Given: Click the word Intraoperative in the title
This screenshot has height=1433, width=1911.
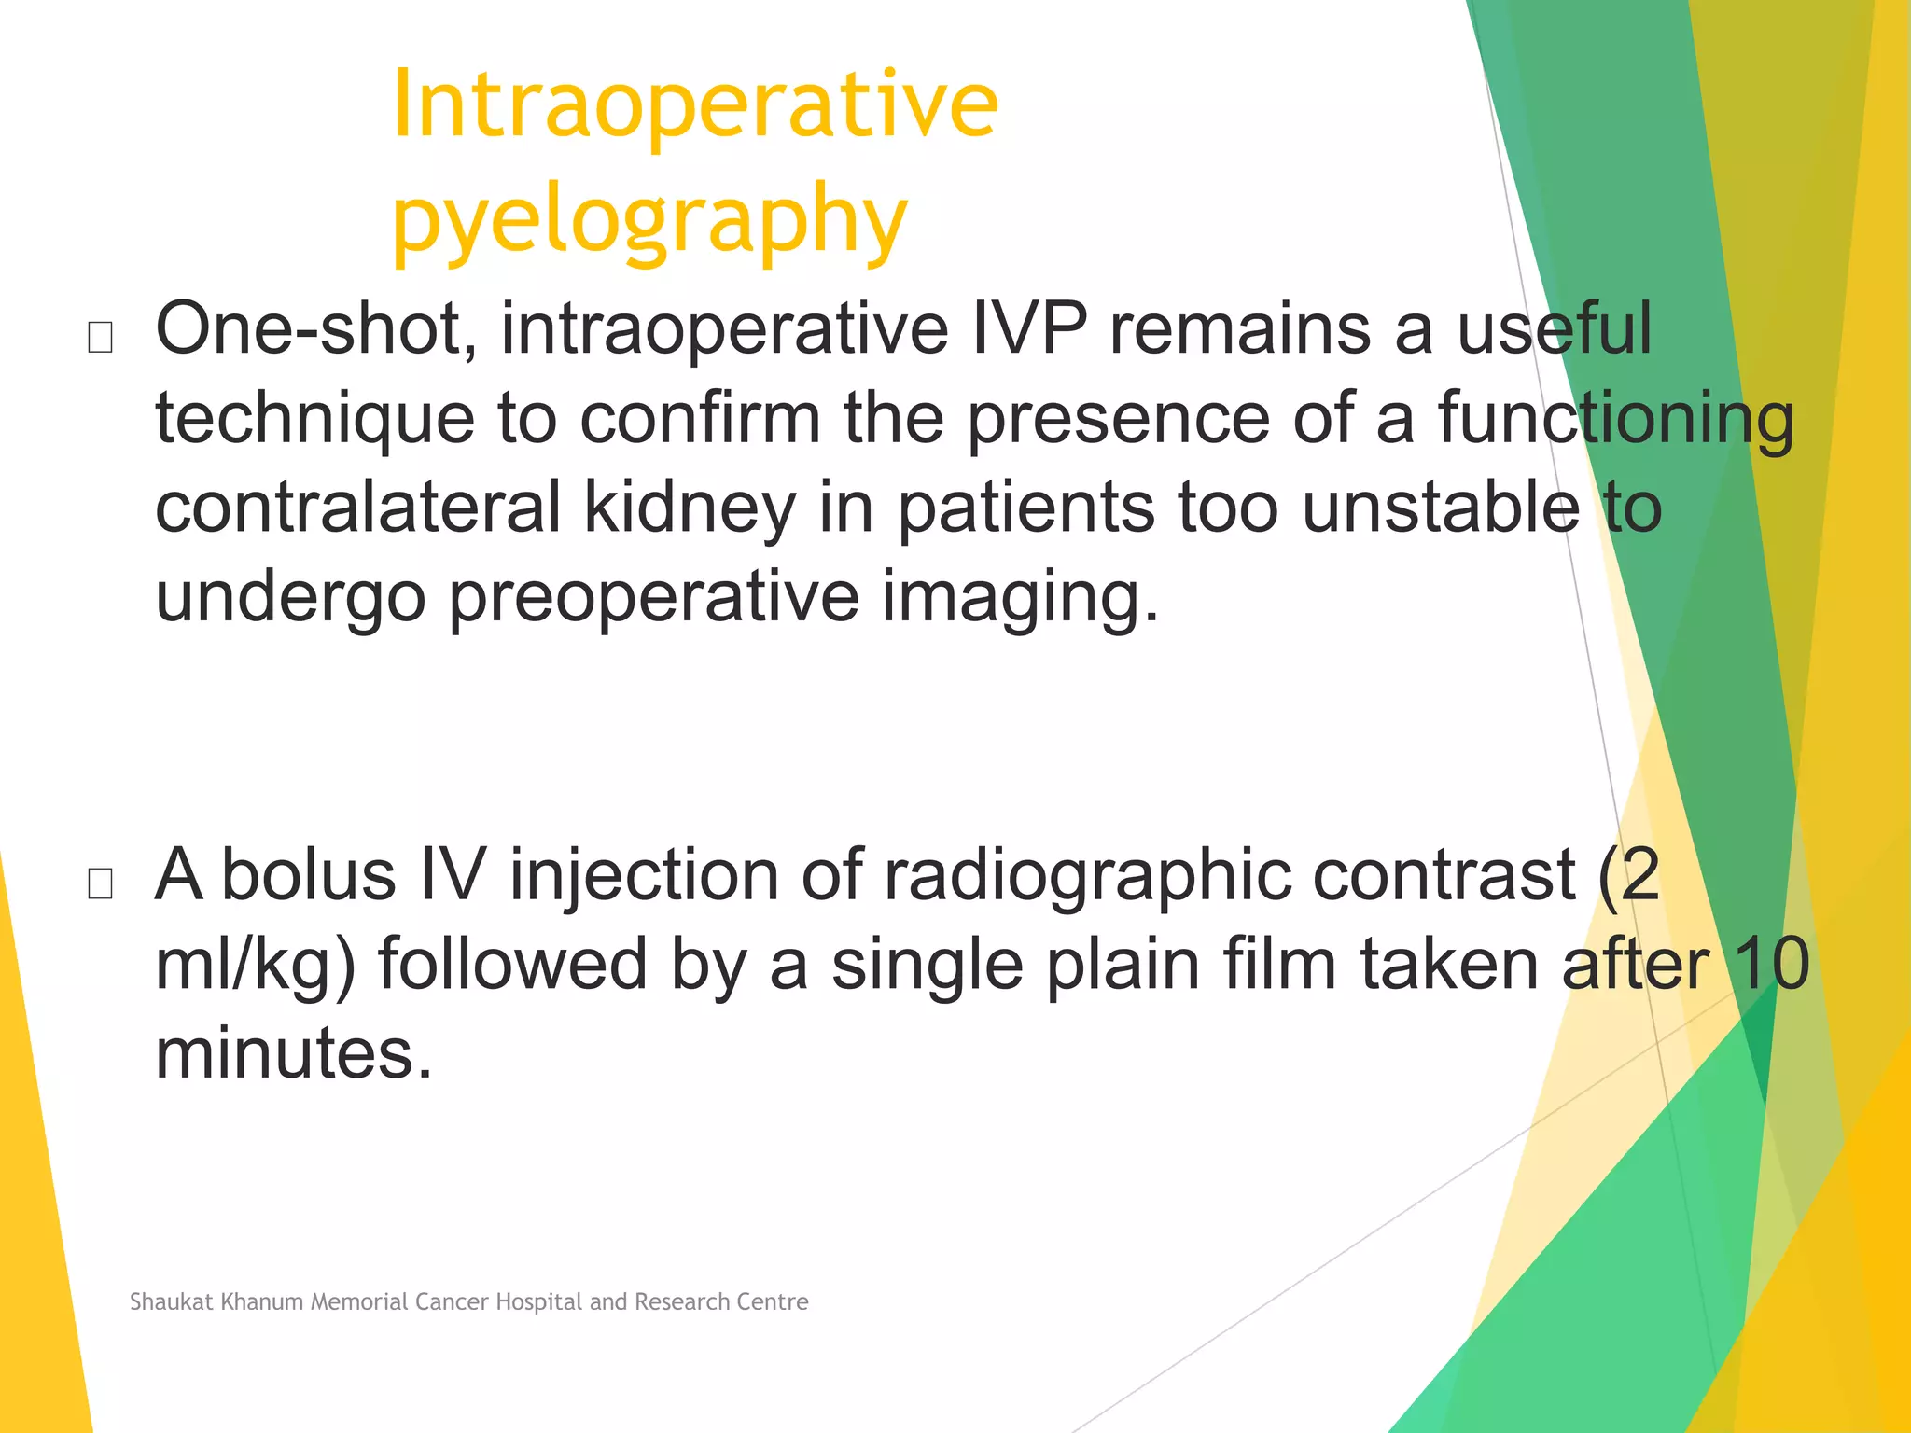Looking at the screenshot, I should (x=695, y=104).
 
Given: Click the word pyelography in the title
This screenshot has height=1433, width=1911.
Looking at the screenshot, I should (x=649, y=220).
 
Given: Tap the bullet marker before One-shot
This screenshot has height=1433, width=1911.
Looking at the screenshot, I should (x=100, y=337).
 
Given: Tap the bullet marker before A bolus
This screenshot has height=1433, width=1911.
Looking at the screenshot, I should (x=100, y=883).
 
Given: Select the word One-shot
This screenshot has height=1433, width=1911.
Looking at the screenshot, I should (x=315, y=328).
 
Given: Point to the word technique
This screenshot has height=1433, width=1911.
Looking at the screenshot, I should (x=314, y=420).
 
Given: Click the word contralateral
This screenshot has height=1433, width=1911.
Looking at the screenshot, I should (x=358, y=508).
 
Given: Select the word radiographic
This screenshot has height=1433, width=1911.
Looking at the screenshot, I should (x=1087, y=877).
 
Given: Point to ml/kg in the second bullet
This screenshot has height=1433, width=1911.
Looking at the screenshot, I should (x=255, y=967).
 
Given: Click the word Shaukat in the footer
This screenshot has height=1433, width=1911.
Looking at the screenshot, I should (x=172, y=1301).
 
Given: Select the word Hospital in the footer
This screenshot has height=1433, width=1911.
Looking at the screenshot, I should (x=538, y=1301).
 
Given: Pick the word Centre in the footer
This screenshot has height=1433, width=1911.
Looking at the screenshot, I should (x=774, y=1301).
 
